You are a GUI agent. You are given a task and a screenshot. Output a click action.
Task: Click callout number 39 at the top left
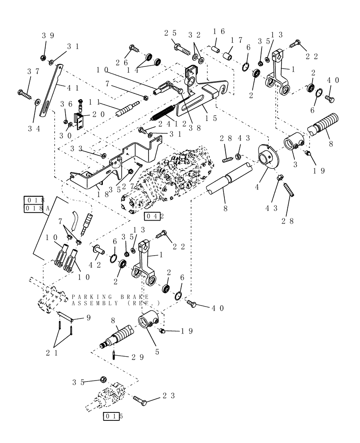[47, 35]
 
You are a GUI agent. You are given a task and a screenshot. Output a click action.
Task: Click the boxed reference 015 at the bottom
[113, 416]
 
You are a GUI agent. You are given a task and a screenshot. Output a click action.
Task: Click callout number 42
[94, 265]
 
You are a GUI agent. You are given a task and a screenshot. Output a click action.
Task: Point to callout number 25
[170, 33]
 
